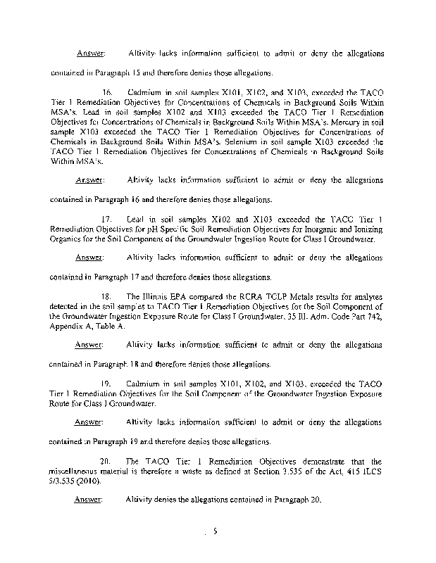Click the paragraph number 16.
(108, 93)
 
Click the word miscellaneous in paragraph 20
(78, 473)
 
